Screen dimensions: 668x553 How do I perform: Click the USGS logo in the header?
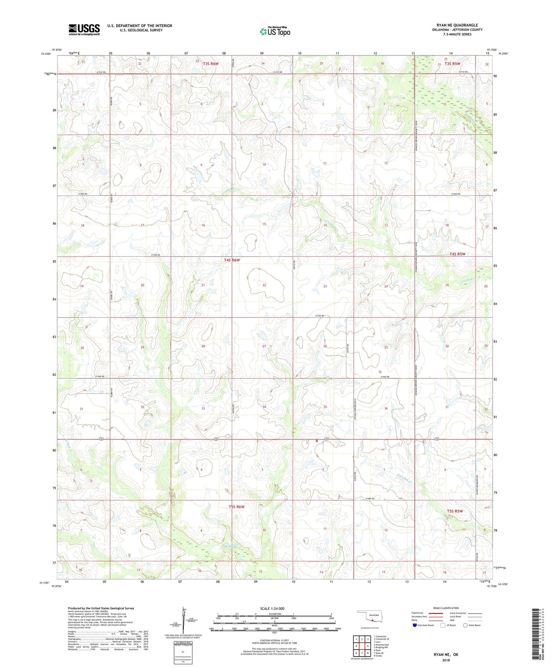(84, 29)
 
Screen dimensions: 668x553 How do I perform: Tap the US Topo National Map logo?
(274, 31)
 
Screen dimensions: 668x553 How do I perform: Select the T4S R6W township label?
(232, 260)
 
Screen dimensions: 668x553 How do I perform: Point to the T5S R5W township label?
(455, 511)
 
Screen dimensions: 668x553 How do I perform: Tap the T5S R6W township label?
(236, 507)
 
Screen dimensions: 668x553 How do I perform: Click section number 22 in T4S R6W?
(264, 285)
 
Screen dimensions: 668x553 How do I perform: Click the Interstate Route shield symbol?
(415, 625)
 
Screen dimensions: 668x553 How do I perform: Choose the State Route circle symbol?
(465, 625)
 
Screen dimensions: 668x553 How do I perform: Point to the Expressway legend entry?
(418, 613)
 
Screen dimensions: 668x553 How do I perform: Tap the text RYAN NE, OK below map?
(446, 654)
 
